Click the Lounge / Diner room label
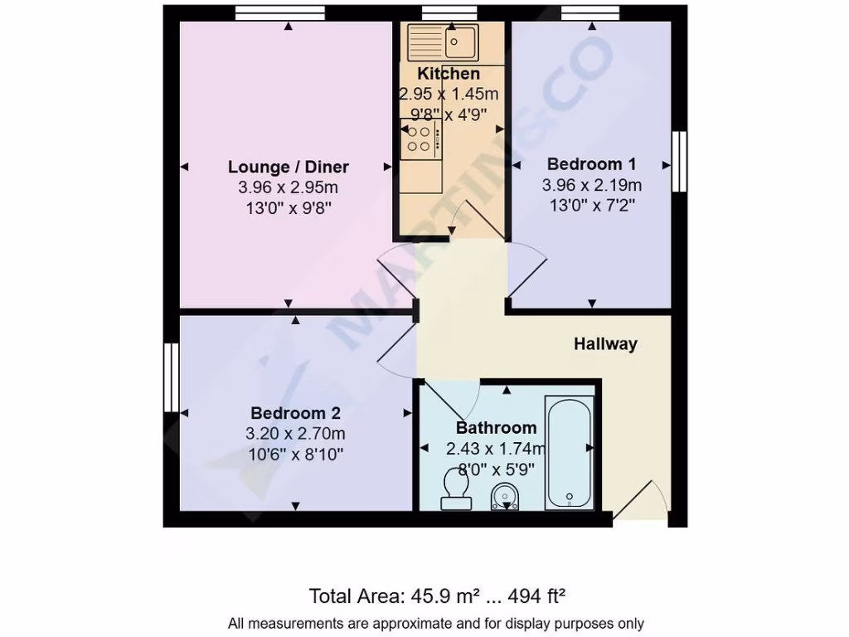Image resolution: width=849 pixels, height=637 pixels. [x=289, y=167]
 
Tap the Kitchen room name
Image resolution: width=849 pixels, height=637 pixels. [x=449, y=74]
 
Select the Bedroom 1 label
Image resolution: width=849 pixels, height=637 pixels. [x=592, y=163]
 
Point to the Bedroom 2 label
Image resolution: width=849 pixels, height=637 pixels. [x=295, y=412]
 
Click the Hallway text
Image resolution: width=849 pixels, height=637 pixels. [x=605, y=343]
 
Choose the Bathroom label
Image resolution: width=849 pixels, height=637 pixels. [x=496, y=428]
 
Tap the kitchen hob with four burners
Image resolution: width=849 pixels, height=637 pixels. [x=420, y=139]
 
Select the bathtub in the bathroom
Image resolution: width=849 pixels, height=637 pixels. [x=569, y=452]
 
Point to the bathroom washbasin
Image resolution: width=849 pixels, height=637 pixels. [x=505, y=498]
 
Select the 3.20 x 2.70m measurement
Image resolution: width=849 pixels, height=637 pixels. [x=295, y=433]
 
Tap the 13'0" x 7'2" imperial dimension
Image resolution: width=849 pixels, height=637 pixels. [x=592, y=204]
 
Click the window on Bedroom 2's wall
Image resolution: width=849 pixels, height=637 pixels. [x=171, y=377]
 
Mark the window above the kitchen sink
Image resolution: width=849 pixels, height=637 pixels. [x=449, y=12]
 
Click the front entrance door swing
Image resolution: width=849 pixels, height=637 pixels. [x=643, y=503]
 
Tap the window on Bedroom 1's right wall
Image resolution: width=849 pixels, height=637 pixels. [x=679, y=161]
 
